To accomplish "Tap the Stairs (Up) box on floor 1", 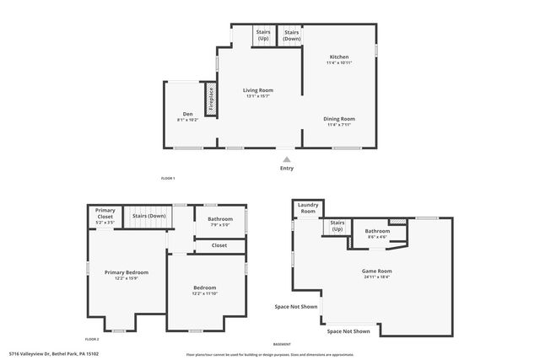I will coord(263,36).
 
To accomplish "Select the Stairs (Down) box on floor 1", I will coord(292,36).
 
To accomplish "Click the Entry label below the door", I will coord(288,168).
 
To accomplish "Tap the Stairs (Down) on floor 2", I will coord(148,216).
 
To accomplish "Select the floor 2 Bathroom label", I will coord(220,223).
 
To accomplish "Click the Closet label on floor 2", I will coord(219,245).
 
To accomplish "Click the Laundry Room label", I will coord(309,207).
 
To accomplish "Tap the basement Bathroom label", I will coord(377,233).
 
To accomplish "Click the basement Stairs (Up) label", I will coord(337,226).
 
